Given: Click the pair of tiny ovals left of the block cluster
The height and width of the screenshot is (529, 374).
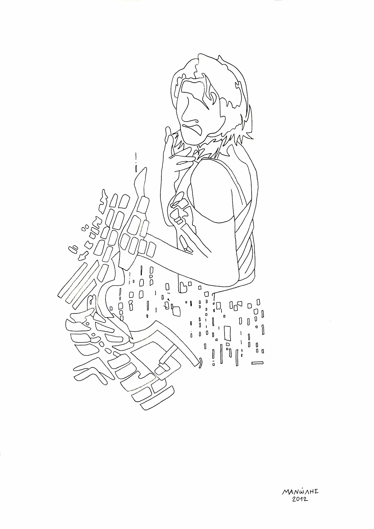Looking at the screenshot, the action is [72, 249].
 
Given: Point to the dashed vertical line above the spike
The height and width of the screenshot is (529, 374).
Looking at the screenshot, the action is [136, 162].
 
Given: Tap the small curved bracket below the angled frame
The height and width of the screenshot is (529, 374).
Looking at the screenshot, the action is [200, 363].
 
